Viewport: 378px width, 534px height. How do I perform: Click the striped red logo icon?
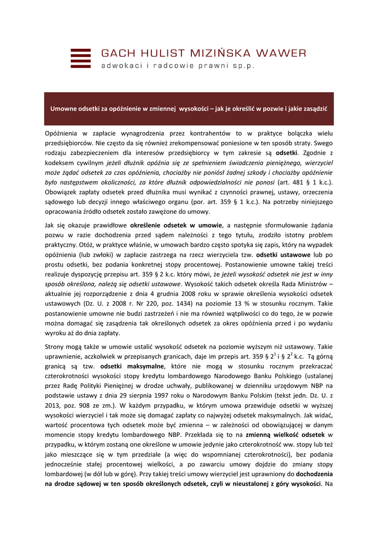(80, 58)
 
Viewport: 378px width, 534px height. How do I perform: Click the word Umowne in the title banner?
(64, 108)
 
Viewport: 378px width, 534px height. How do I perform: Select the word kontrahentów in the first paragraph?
(210, 133)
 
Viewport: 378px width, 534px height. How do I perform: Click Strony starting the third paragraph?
(56, 347)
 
